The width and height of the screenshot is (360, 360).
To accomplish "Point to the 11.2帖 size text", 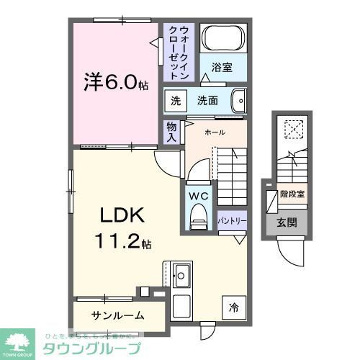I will [122, 243].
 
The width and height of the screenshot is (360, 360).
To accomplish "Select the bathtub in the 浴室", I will [222, 38].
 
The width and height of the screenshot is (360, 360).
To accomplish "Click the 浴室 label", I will [222, 68].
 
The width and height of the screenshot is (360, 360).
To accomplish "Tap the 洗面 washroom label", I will [208, 101].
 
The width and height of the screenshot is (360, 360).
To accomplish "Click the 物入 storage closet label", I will [171, 131].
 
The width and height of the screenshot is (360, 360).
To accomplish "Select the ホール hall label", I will [215, 132].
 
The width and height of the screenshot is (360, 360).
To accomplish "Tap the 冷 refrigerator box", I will [233, 307].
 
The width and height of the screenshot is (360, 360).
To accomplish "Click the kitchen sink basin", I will [181, 275].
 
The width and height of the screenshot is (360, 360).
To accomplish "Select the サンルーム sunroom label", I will [118, 315].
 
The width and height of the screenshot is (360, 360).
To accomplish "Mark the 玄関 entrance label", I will [287, 222].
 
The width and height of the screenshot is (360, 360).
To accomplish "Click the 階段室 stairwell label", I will [292, 194].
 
